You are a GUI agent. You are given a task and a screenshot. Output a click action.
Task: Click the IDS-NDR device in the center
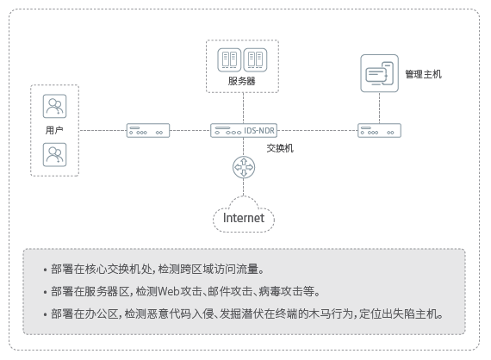244,130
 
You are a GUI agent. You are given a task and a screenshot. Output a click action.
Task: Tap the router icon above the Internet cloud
244,167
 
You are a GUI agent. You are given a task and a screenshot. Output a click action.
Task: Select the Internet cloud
244,214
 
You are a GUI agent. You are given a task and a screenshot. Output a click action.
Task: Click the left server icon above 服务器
229,59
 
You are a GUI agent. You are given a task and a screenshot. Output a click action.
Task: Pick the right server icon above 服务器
255,59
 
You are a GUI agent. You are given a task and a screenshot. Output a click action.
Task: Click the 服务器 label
241,81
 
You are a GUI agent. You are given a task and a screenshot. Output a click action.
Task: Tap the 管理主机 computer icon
380,73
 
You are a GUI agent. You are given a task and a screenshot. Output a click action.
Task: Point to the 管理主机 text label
423,74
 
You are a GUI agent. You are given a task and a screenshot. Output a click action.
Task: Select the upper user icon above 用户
54,106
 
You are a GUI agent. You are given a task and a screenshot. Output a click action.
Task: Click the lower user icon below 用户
54,155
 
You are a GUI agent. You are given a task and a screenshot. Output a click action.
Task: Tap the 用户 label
54,130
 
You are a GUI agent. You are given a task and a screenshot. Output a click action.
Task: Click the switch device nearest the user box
148,130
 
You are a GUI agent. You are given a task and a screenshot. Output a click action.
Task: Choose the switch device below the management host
379,130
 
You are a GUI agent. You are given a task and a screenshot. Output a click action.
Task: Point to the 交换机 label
280,148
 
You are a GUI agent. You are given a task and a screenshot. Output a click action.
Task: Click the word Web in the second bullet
169,291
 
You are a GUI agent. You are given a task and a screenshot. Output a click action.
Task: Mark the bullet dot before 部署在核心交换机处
46,270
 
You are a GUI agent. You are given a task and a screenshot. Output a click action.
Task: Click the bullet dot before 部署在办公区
46,314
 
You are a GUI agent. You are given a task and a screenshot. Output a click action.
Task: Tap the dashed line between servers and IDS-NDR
243,108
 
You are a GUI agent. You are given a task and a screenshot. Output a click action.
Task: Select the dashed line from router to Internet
243,187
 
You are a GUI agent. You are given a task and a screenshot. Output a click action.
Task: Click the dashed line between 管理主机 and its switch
380,108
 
